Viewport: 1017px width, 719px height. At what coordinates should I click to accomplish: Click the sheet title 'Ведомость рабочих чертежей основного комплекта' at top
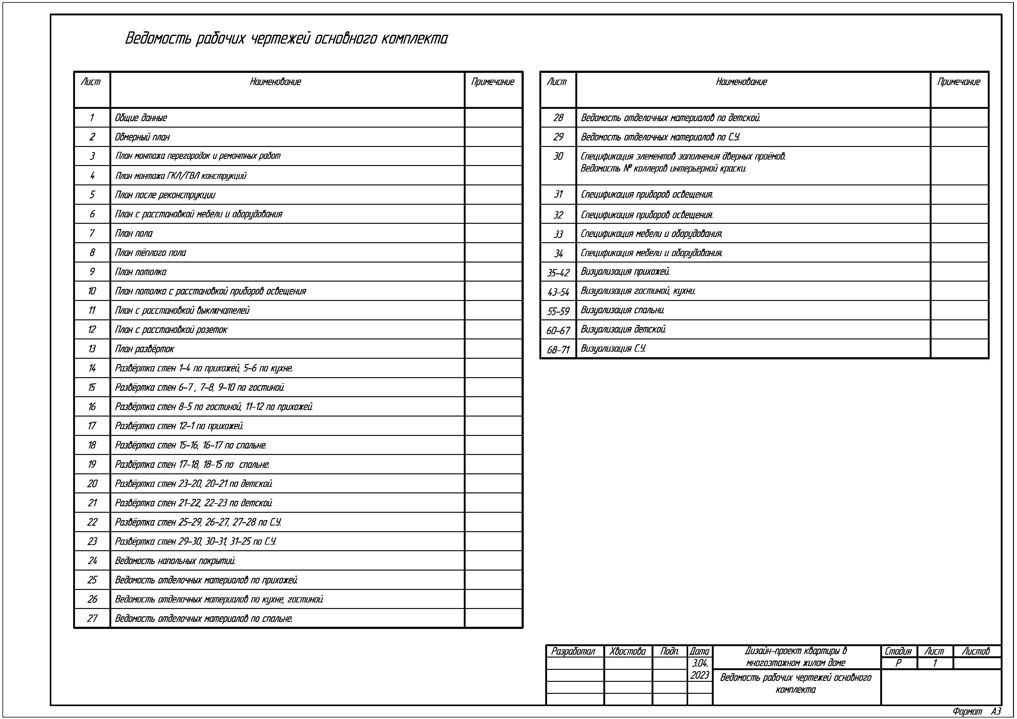[x=286, y=38]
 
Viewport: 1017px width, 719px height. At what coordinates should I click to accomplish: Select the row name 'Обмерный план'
[x=142, y=137]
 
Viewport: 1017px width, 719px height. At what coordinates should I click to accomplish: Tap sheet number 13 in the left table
[x=92, y=349]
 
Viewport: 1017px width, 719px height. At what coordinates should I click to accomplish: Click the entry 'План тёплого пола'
[x=150, y=252]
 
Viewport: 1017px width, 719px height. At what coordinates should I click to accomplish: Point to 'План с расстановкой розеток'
[x=171, y=330]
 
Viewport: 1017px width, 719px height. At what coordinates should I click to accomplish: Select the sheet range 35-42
[x=558, y=272]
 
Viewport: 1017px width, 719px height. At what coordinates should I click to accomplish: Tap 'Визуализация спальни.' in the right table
[x=622, y=310]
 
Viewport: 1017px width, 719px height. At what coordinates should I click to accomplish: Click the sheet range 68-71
[x=558, y=350]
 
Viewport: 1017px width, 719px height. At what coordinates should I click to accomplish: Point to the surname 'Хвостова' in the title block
[x=627, y=651]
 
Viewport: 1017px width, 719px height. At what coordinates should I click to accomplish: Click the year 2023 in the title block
[x=700, y=675]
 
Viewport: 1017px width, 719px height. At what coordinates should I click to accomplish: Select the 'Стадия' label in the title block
[x=898, y=651]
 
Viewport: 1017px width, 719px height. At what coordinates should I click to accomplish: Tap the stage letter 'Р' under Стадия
[x=898, y=663]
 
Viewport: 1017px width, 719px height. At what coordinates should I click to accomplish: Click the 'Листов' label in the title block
[x=976, y=651]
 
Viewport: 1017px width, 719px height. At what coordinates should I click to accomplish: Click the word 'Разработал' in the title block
[x=573, y=651]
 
